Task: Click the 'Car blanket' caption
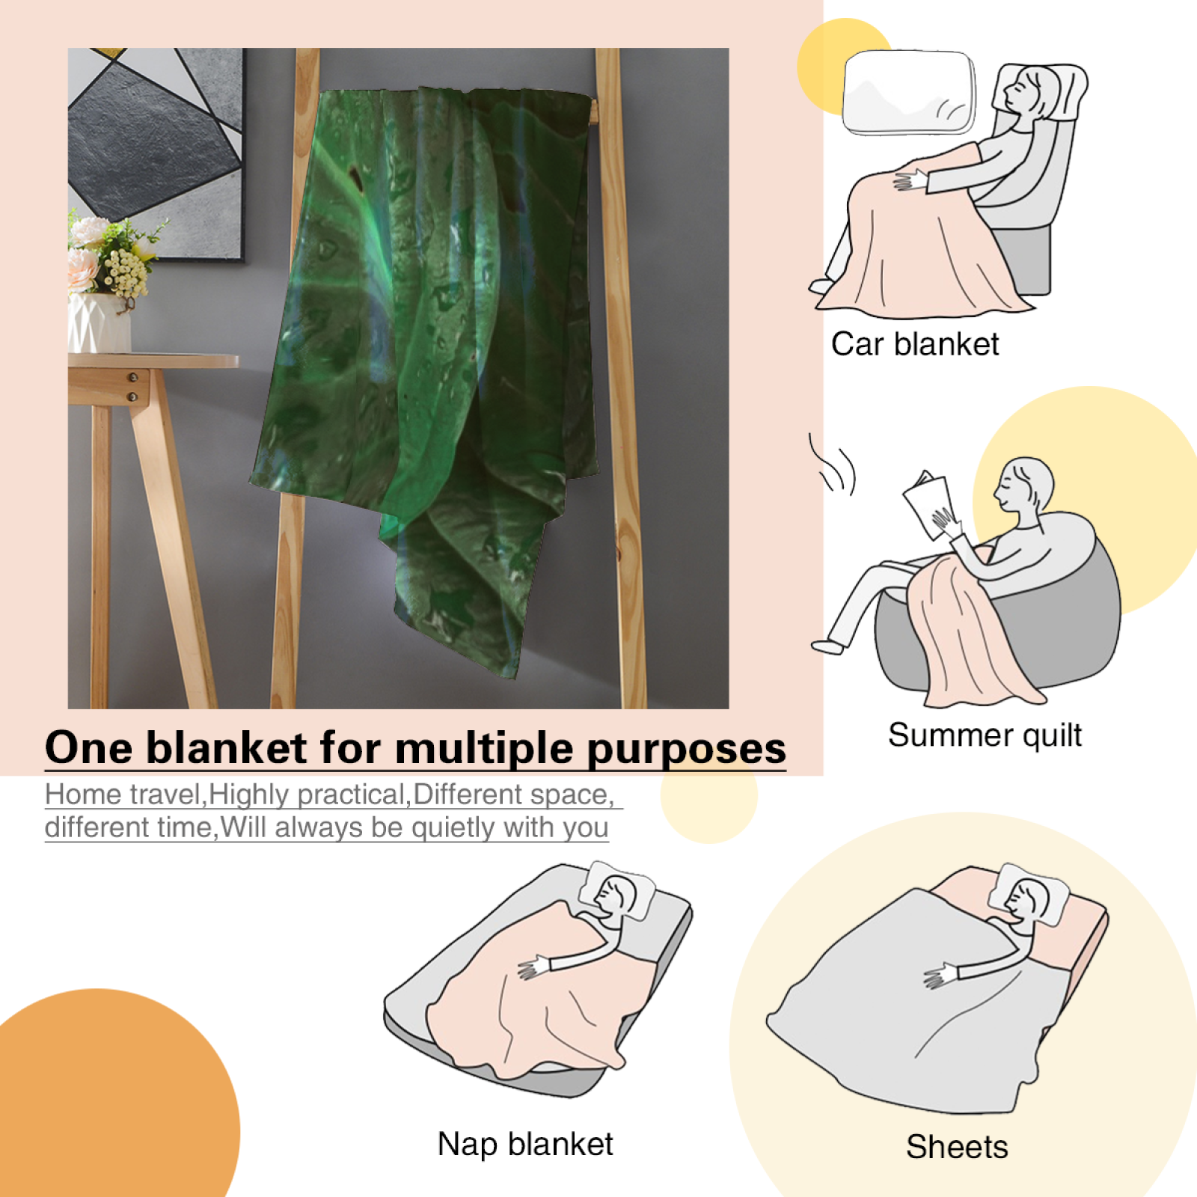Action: [915, 344]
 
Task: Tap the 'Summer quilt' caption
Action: [985, 735]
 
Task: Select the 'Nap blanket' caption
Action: [525, 1144]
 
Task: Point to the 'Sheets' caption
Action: [957, 1147]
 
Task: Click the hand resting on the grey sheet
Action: [940, 976]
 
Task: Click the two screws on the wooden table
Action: [133, 386]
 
